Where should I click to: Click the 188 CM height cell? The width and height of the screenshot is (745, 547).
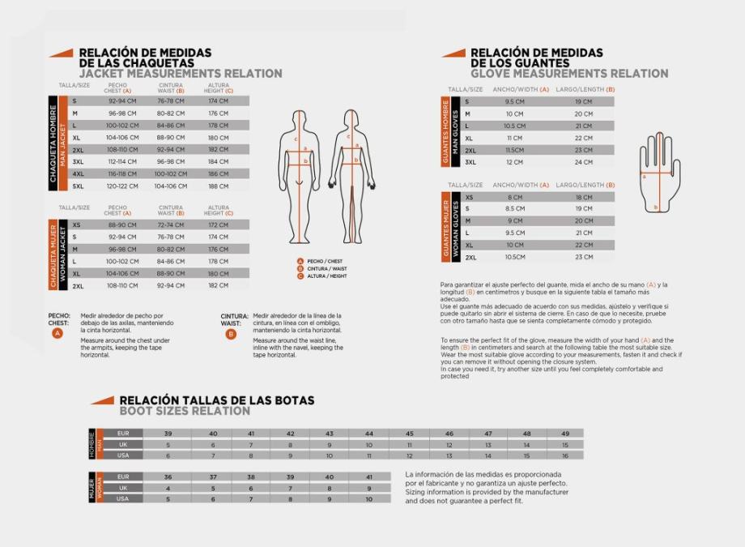218,186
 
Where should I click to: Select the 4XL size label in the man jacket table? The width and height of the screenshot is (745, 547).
78,173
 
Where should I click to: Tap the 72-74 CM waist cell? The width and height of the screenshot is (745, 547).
171,225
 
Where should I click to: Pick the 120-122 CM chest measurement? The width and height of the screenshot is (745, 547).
121,186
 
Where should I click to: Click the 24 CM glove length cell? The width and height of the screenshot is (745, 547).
583,162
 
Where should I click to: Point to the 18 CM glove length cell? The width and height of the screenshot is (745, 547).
584,197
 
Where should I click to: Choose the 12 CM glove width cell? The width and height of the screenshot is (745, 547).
514,162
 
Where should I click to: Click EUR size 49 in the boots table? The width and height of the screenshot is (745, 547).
564,434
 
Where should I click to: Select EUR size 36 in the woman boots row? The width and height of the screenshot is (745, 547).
168,477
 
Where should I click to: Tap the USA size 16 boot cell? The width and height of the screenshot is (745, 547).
564,455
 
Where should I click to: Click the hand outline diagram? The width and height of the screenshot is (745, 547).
659,170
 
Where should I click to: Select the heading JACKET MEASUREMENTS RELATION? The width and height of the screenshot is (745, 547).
180,74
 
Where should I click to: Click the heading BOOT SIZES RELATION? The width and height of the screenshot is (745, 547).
185,411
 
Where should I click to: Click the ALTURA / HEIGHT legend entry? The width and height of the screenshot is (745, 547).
326,276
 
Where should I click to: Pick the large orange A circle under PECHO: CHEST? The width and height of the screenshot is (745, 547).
57,333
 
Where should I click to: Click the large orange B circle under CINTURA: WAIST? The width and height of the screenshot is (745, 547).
231,333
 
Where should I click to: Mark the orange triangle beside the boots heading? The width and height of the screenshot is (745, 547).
101,400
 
